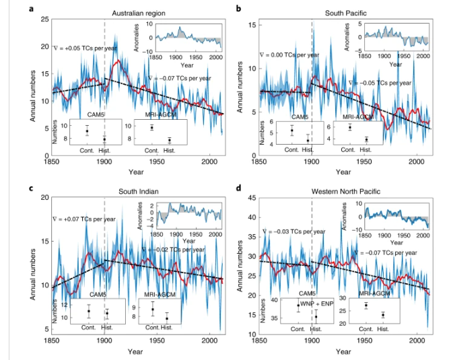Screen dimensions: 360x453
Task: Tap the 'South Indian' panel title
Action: tap(130, 190)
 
